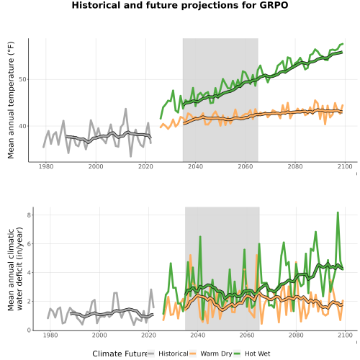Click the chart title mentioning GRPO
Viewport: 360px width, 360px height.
click(180, 5)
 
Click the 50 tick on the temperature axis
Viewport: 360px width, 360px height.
click(22, 79)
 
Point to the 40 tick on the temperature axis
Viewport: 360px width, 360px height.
click(22, 126)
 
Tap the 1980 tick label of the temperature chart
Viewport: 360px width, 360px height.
click(46, 166)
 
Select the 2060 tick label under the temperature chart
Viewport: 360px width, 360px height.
click(246, 166)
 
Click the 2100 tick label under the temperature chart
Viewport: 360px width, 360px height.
click(345, 166)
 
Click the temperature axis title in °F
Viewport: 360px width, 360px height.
click(11, 100)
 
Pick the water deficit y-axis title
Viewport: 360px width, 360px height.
click(15, 269)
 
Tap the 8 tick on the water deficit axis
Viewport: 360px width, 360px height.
click(29, 215)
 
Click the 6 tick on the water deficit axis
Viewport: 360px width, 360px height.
click(29, 244)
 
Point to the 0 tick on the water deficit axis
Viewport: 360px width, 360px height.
click(29, 330)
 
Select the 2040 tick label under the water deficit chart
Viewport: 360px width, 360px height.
click(198, 335)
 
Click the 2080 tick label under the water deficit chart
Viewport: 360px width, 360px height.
click(296, 335)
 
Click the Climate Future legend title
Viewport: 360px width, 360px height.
click(120, 354)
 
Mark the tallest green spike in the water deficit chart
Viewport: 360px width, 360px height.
click(338, 212)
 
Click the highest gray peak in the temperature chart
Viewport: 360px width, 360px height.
click(125, 109)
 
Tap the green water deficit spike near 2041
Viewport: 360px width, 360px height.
click(200, 237)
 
